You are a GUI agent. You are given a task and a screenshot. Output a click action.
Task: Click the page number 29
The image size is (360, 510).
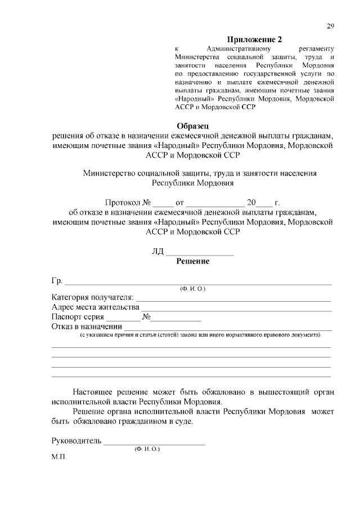[331, 26]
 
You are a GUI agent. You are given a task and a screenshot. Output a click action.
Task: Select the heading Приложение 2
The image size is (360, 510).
[253, 39]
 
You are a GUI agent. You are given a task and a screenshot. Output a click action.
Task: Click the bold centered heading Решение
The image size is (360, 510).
[193, 261]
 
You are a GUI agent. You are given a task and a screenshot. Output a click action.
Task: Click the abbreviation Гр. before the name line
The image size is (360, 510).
[57, 281]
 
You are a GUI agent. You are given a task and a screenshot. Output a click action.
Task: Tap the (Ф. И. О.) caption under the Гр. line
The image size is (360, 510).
[193, 289]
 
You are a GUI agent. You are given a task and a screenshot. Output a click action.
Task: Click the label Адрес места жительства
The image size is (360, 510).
[95, 307]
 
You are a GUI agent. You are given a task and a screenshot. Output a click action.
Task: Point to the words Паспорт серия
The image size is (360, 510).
[78, 317]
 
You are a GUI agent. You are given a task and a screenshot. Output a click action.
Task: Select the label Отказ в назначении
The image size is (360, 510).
[87, 327]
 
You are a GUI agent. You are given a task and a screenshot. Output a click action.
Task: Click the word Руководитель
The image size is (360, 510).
[76, 441]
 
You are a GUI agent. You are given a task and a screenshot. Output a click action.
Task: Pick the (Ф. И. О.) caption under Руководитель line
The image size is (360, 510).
[147, 449]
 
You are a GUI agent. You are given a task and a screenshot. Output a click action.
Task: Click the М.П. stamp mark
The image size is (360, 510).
[59, 457]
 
